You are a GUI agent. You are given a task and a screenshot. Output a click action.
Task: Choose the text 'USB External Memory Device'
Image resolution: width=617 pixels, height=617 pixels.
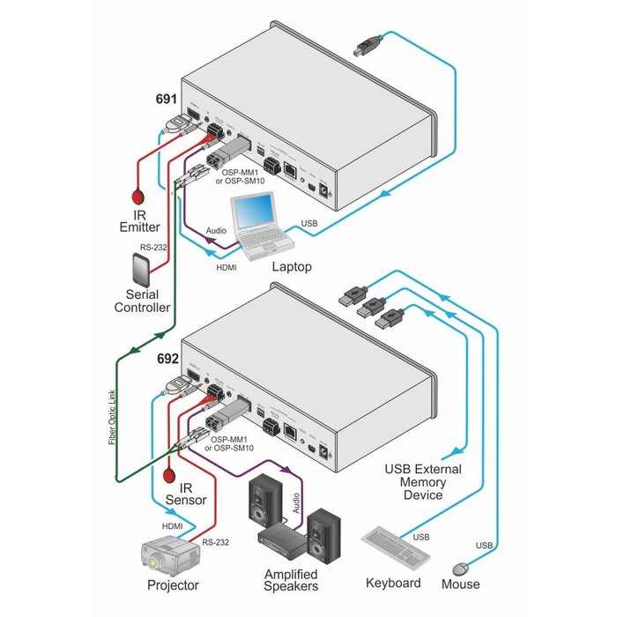tap(422, 482)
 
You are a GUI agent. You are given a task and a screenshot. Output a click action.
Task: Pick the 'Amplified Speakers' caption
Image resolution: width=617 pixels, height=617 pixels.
tap(292, 580)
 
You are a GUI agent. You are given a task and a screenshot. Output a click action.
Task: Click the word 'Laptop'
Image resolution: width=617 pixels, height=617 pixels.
tap(292, 265)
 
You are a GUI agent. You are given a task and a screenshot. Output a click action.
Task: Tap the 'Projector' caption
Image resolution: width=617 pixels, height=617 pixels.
tap(173, 584)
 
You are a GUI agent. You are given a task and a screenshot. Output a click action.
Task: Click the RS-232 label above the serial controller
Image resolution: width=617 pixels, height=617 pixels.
tap(154, 249)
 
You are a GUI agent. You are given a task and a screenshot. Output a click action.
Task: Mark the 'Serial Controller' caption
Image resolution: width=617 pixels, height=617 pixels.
tap(142, 301)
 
